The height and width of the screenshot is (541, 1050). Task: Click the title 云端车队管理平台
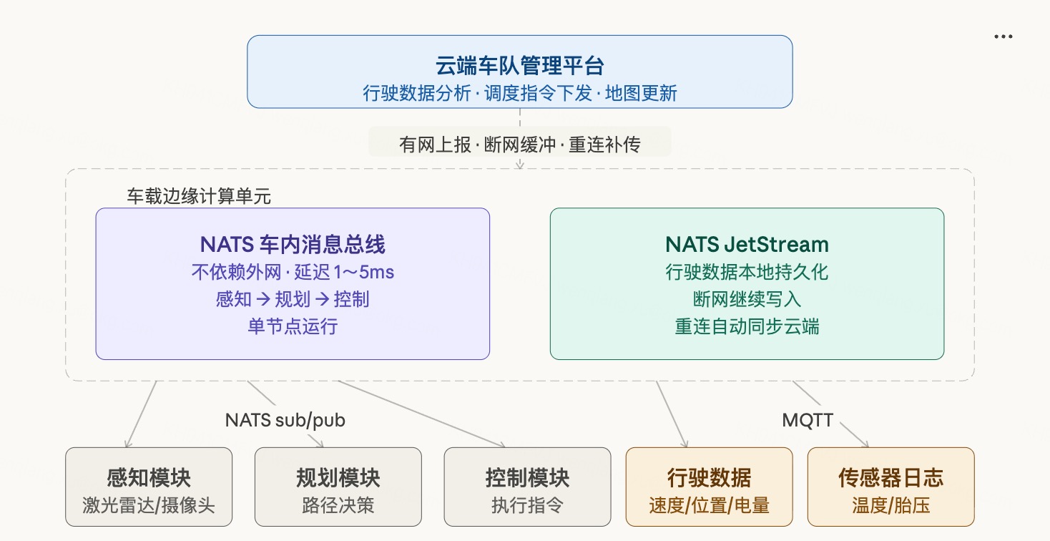click(x=520, y=65)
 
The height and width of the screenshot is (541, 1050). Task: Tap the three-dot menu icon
click(x=1003, y=36)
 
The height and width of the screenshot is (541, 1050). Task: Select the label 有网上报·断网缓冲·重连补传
click(x=520, y=145)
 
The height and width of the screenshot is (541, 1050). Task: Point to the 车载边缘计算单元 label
click(x=199, y=196)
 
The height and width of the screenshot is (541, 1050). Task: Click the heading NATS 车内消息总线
click(x=293, y=244)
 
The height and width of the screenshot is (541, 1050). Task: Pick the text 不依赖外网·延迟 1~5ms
click(x=293, y=272)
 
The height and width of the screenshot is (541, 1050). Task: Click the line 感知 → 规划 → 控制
click(x=293, y=299)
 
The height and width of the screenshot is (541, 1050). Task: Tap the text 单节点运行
click(x=293, y=326)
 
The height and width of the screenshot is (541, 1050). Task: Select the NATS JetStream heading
click(x=747, y=244)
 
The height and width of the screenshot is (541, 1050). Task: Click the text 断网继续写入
click(x=747, y=299)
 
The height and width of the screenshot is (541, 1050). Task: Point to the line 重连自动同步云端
click(x=747, y=326)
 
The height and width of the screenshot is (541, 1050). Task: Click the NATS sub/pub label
click(x=285, y=420)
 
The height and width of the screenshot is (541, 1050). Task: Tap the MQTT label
click(x=808, y=420)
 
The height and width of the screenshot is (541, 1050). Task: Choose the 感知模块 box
click(x=149, y=487)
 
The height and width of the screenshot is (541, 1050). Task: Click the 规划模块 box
click(x=338, y=487)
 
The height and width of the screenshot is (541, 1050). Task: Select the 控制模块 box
click(x=527, y=487)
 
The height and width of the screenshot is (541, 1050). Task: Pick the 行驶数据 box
click(x=710, y=487)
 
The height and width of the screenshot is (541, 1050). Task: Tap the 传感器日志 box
click(x=891, y=487)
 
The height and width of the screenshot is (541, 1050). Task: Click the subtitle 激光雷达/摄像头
click(x=149, y=505)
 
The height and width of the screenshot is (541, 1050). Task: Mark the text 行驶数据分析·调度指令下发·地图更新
click(x=520, y=93)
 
